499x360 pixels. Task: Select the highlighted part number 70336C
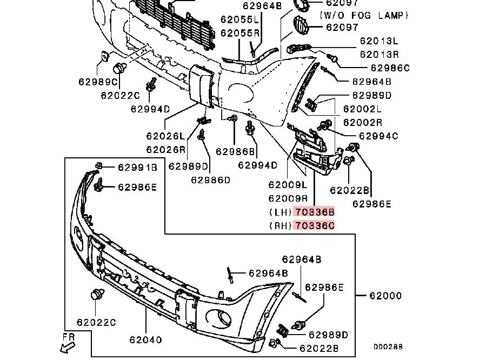click(314, 225)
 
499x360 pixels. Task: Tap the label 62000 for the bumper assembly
click(385, 296)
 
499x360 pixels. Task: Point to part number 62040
click(145, 340)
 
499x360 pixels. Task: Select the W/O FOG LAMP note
click(364, 16)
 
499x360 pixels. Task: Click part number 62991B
click(137, 168)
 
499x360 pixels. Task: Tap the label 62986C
click(390, 68)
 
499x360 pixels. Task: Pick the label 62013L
click(379, 41)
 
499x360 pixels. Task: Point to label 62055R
click(240, 33)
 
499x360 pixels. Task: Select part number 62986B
click(235, 152)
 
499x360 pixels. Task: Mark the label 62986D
click(210, 179)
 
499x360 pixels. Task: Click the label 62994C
click(378, 136)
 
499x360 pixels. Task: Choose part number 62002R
click(363, 123)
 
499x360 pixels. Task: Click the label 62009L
click(287, 185)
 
